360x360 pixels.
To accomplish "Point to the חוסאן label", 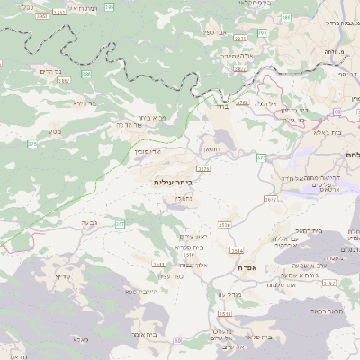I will (212, 146).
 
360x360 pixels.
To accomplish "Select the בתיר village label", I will (222, 105).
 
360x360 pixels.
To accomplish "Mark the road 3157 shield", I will (328, 283).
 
